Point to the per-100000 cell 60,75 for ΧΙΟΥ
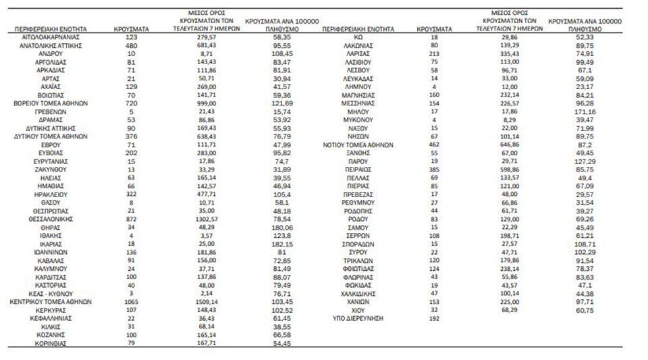click(x=585, y=310)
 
